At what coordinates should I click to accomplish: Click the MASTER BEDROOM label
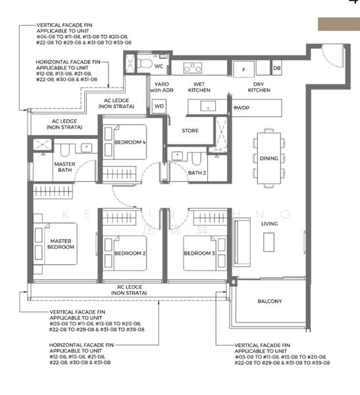point(61,244)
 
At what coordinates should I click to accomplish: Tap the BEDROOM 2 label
point(130,253)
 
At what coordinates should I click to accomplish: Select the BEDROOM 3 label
point(199,253)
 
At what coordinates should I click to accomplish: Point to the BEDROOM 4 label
point(130,142)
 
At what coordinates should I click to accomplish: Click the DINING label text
point(269,159)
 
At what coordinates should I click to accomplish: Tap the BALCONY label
point(270,302)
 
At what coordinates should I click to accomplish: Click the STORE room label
point(190,131)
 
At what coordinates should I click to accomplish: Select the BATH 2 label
point(196,173)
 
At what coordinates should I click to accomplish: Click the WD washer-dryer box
point(159,106)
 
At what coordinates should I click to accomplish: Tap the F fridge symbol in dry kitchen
point(244,68)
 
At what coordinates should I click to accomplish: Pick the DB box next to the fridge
point(276,68)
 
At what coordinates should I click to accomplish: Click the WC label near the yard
point(159,66)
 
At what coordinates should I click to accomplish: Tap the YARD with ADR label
point(161,87)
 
